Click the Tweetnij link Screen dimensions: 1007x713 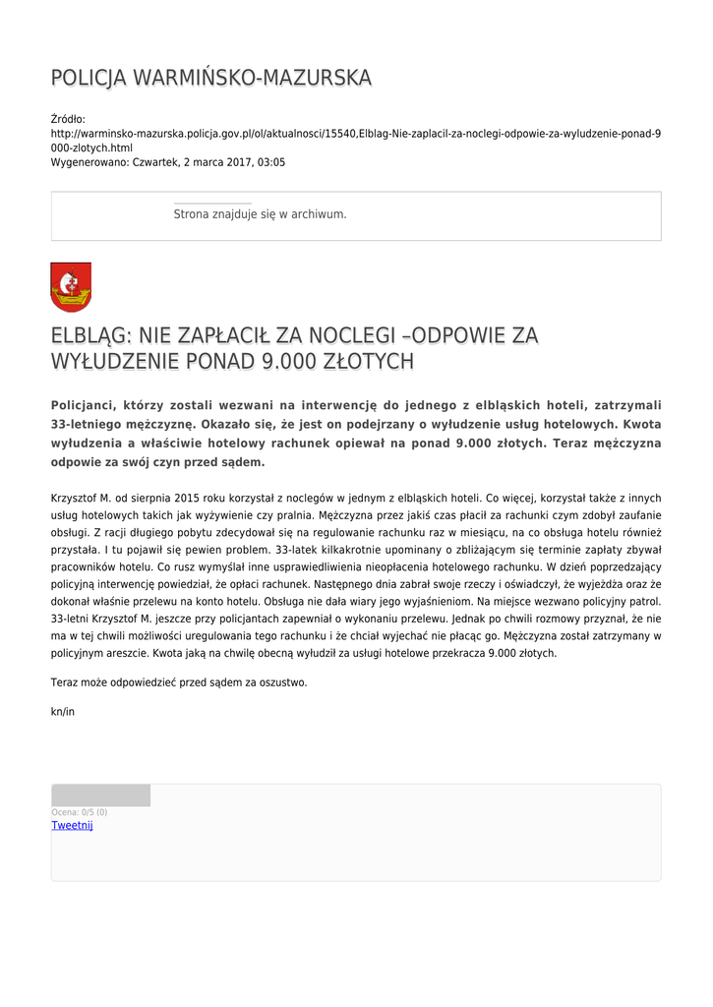(x=72, y=826)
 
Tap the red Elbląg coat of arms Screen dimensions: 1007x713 (x=71, y=287)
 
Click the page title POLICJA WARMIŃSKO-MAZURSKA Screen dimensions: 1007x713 (x=211, y=79)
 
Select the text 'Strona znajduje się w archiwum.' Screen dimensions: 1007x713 (x=260, y=213)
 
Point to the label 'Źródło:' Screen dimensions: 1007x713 (x=68, y=119)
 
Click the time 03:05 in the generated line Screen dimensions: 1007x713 (x=271, y=162)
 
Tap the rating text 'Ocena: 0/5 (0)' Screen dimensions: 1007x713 (x=80, y=812)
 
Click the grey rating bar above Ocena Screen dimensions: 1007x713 (x=100, y=796)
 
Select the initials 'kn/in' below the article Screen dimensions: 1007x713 (x=62, y=711)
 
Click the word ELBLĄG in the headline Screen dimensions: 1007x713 (x=90, y=336)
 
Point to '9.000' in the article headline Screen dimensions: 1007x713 (x=283, y=363)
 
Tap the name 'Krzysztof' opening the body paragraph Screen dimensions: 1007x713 (x=74, y=498)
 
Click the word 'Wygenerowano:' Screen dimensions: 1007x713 (x=89, y=162)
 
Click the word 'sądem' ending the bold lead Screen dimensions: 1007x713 (x=242, y=461)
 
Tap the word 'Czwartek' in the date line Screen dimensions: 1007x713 (x=155, y=162)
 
